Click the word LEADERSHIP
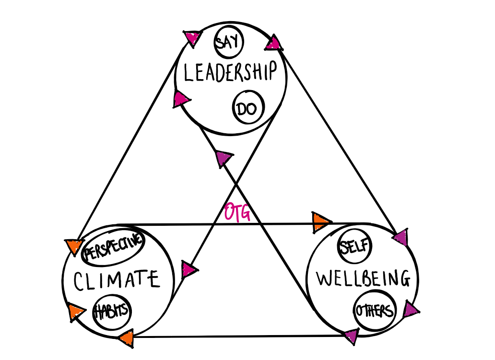[231, 72]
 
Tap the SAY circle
[228, 43]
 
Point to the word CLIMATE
[116, 279]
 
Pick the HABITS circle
[112, 311]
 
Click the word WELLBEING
[364, 279]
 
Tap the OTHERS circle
[375, 311]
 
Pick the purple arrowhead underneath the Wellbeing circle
[351, 337]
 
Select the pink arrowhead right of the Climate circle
[188, 270]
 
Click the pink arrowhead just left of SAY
[193, 37]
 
